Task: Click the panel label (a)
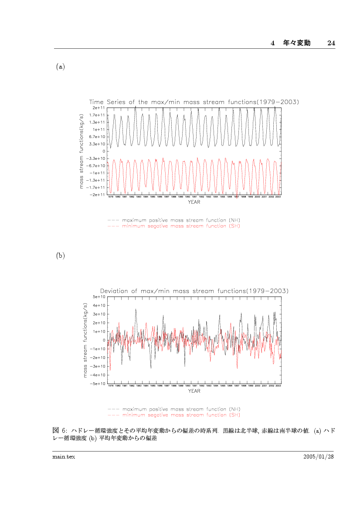coord(60,67)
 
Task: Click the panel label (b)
coord(60,256)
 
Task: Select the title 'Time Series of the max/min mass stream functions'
coord(194,102)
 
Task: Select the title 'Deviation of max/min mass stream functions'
coord(194,291)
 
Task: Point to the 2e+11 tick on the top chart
coord(98,108)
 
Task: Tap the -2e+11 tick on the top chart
coord(97,195)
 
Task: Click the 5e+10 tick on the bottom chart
coord(98,297)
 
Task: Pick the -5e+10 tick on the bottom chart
coord(97,384)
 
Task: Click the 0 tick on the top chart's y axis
coord(103,151)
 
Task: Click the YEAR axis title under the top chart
coord(194,202)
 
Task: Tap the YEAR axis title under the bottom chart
coord(194,391)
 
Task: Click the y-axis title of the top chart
coord(82,151)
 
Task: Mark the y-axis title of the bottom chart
coord(85,340)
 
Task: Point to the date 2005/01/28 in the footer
coord(319,456)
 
